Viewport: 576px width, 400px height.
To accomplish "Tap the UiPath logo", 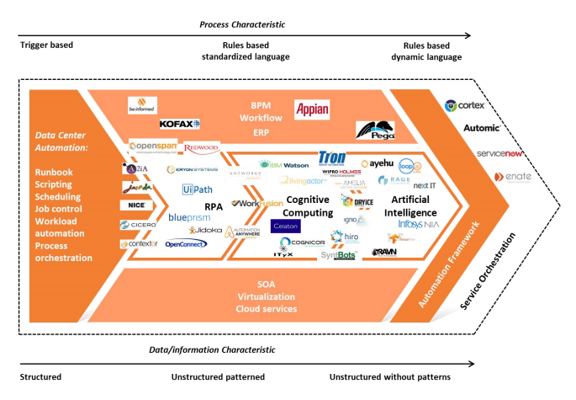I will pyautogui.click(x=197, y=190).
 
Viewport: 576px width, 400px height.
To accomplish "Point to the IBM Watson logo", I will pyautogui.click(x=284, y=165).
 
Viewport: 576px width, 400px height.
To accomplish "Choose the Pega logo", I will pyautogui.click(x=376, y=130).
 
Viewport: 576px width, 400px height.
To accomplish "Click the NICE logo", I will pyautogui.click(x=138, y=205).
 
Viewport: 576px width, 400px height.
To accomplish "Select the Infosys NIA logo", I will pyautogui.click(x=417, y=225).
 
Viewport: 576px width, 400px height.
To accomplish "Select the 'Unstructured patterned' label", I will pyautogui.click(x=218, y=377).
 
